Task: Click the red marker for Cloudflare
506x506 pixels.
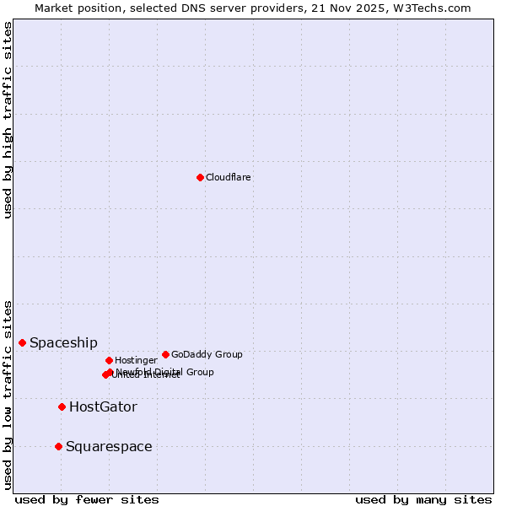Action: pyautogui.click(x=200, y=177)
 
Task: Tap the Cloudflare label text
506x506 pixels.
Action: pyautogui.click(x=228, y=177)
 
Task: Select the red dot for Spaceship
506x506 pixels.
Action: pyautogui.click(x=22, y=342)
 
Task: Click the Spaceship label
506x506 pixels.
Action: pyautogui.click(x=63, y=342)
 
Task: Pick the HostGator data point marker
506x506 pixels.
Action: pyautogui.click(x=62, y=406)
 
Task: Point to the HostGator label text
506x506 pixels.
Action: pyautogui.click(x=103, y=406)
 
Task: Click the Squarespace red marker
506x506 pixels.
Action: pyautogui.click(x=58, y=446)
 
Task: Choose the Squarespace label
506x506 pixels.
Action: pyautogui.click(x=109, y=446)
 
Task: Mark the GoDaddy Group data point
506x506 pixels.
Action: pyautogui.click(x=165, y=354)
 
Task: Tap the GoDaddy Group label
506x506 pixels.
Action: pyautogui.click(x=207, y=354)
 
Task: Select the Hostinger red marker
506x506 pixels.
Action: pyautogui.click(x=109, y=360)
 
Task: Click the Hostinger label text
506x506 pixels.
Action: pyautogui.click(x=136, y=360)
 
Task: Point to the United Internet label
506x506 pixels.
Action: pyautogui.click(x=146, y=375)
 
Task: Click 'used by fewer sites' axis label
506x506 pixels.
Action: pyautogui.click(x=87, y=499)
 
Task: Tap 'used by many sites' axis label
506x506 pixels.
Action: pyautogui.click(x=423, y=499)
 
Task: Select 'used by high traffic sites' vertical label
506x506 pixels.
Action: pyautogui.click(x=8, y=120)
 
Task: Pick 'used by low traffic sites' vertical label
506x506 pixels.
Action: pyautogui.click(x=8, y=395)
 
